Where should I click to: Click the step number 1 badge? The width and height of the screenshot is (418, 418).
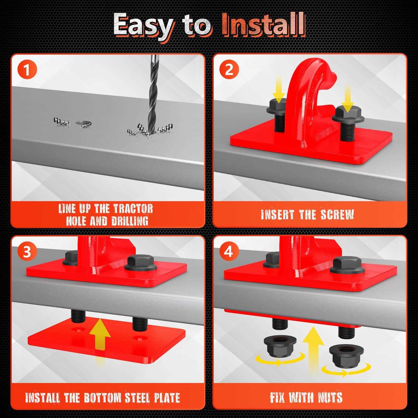(27, 70)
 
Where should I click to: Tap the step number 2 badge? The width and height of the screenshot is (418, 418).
(229, 70)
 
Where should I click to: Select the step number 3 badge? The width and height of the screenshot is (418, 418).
(27, 252)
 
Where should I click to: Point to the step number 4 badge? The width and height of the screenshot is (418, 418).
(229, 252)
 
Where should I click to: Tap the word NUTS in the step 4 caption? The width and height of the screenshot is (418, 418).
(330, 397)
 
